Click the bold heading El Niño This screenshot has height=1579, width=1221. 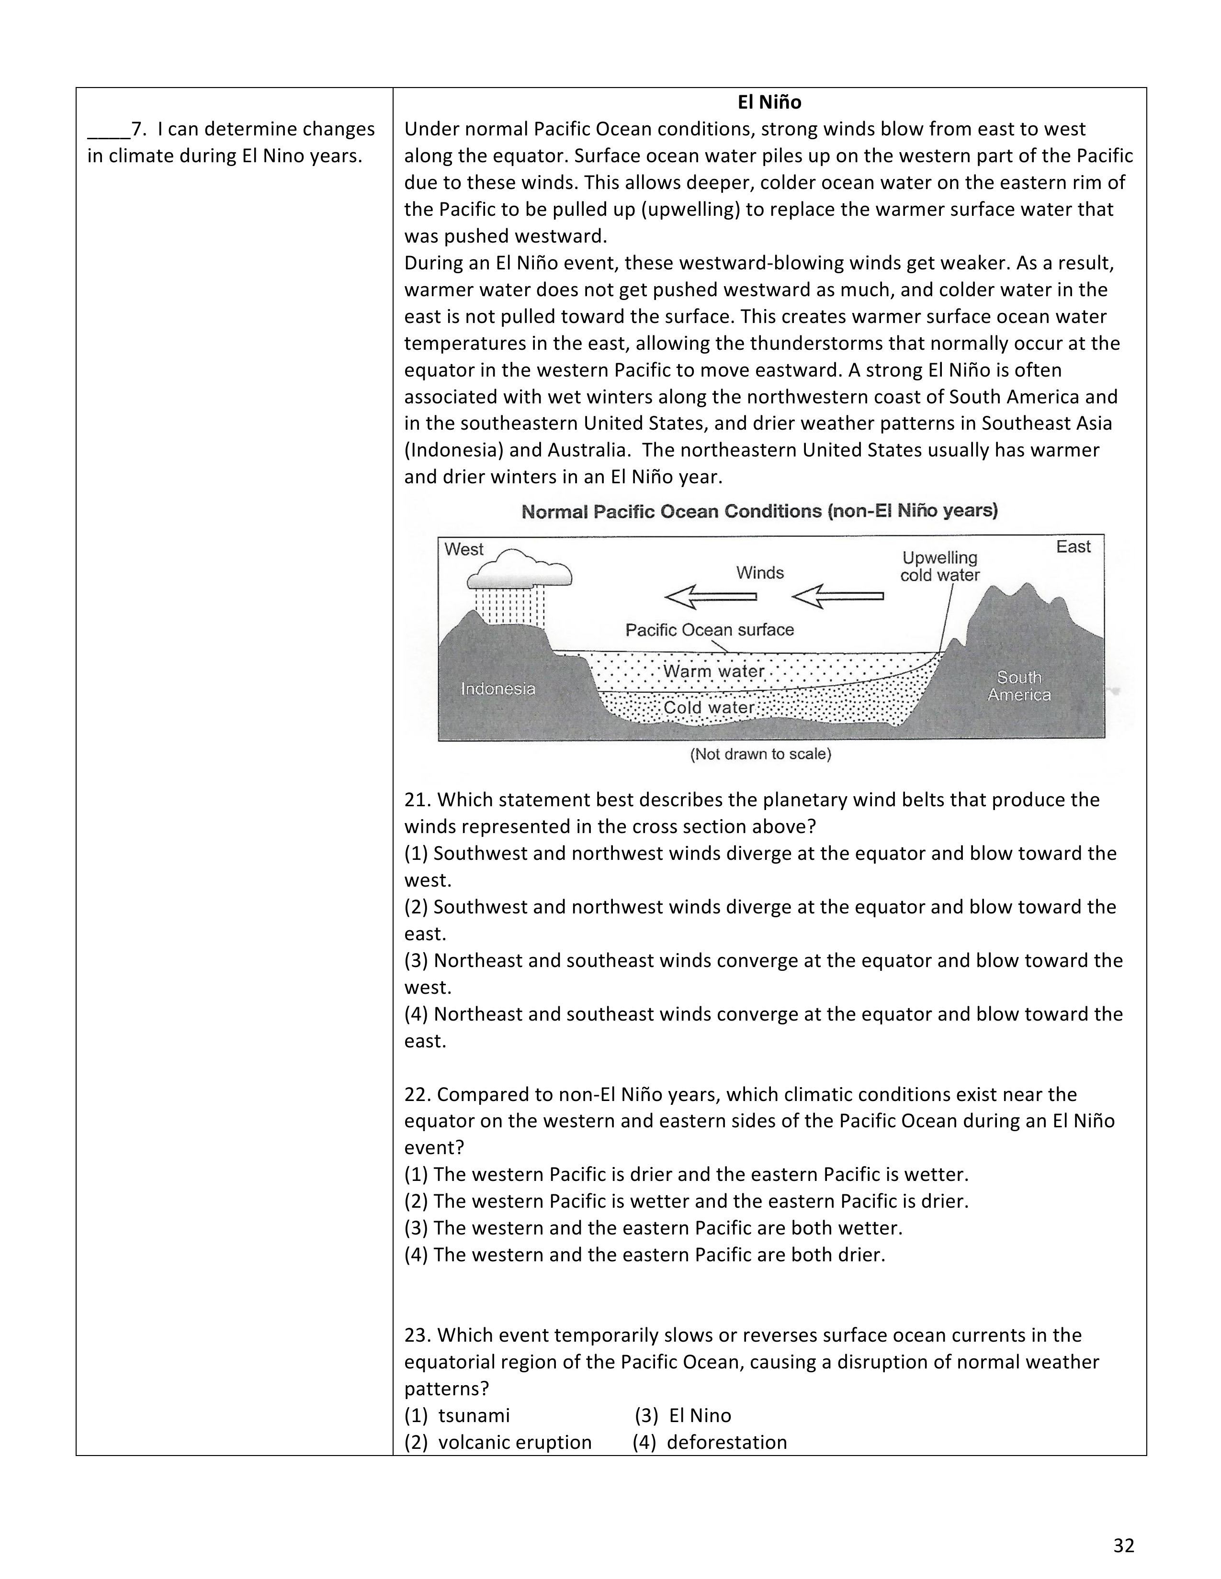[769, 103]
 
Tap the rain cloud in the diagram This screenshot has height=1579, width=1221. [520, 569]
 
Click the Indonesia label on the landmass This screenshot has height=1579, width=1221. [498, 688]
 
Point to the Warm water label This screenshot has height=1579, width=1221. [713, 671]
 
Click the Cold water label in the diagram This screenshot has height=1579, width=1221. [709, 707]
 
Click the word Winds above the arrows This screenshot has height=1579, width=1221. [759, 573]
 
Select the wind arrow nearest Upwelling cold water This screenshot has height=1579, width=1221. [837, 597]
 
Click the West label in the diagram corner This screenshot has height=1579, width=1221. [464, 549]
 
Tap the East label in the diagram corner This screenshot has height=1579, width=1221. [1073, 546]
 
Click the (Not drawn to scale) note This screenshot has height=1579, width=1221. [760, 754]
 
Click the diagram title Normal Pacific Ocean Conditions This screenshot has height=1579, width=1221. [759, 511]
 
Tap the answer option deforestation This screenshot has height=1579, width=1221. [726, 1442]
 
